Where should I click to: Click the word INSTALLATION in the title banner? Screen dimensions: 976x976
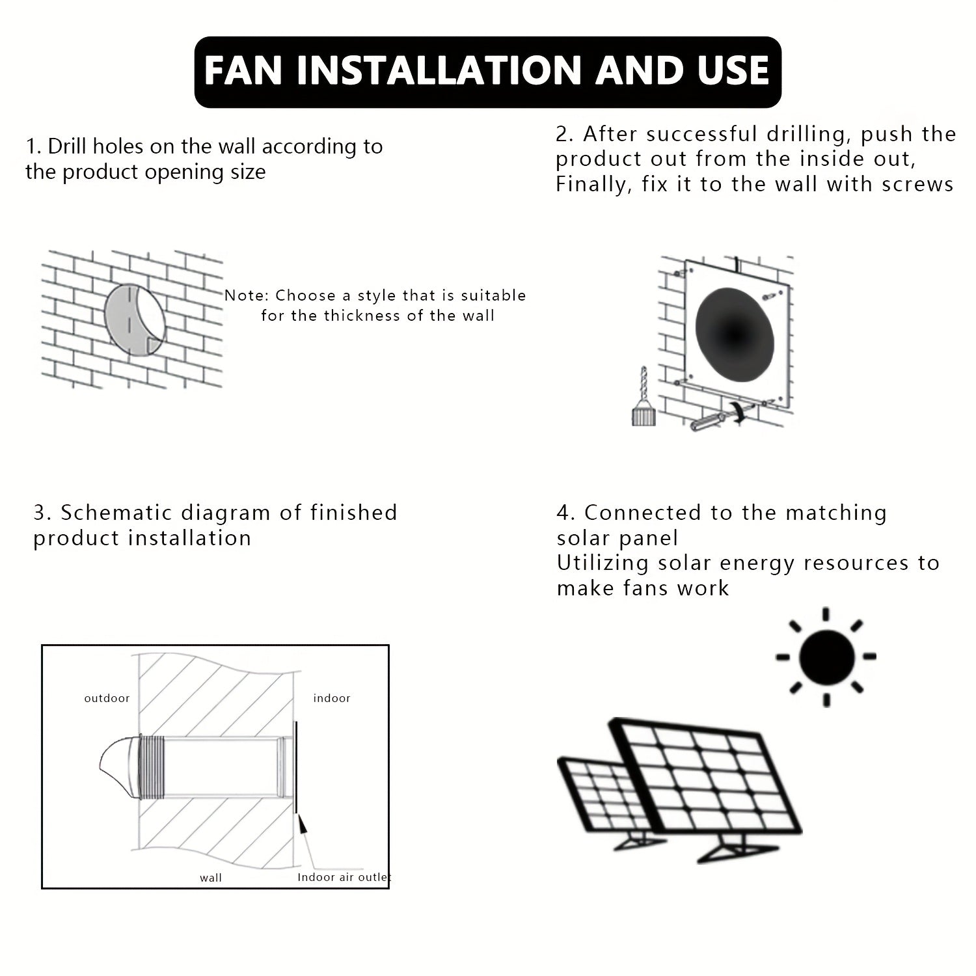[442, 72]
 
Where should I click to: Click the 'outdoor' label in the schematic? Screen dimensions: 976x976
[107, 698]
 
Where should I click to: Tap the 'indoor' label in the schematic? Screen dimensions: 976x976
[332, 698]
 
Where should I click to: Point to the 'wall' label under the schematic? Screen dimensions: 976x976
[211, 878]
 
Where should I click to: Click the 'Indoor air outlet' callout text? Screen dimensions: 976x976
[344, 877]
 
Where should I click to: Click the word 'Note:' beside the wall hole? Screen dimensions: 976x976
[246, 295]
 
